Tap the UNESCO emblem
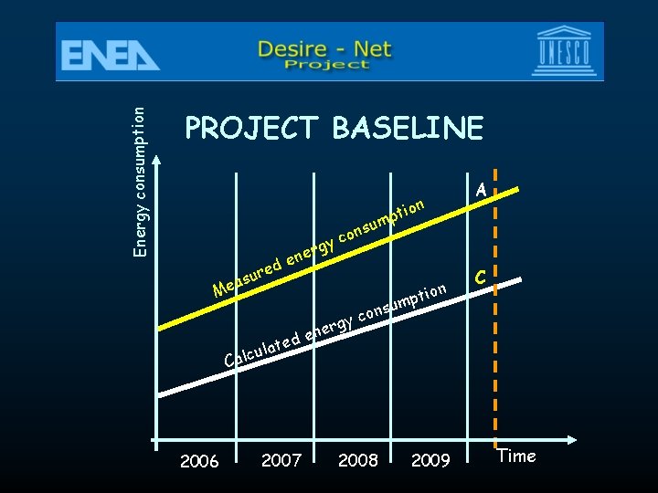coord(568,52)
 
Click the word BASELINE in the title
coord(408,129)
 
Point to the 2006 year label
coord(199,461)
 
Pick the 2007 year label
coord(281,460)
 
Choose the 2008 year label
coord(358,460)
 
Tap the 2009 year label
coord(430,460)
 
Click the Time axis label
coord(516,456)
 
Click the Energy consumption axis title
coord(139,181)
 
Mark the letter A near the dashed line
coord(481,190)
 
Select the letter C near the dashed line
coord(481,278)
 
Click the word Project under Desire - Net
coord(326,65)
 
